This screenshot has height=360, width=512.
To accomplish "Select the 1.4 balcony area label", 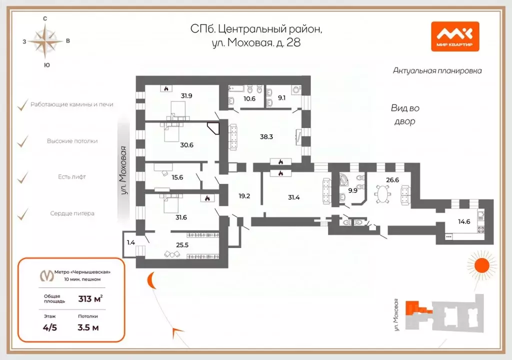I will coord(130,242).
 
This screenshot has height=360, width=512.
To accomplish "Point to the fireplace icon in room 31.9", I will coord(165,88).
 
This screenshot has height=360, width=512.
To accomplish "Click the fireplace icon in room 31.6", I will coord(206,198).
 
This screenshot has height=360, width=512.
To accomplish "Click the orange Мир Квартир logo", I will coord(455,36).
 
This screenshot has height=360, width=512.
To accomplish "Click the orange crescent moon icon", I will coord(150,282).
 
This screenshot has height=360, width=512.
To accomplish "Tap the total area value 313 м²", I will coord(90,299).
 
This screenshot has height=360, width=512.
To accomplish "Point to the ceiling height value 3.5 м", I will coord(88,327).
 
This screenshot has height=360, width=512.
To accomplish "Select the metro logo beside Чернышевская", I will coord(47,275).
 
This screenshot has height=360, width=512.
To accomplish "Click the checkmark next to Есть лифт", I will coord(22,177).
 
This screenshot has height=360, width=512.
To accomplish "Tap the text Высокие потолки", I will coord(72,141).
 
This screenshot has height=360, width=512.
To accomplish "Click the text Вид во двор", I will coord(404,114).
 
